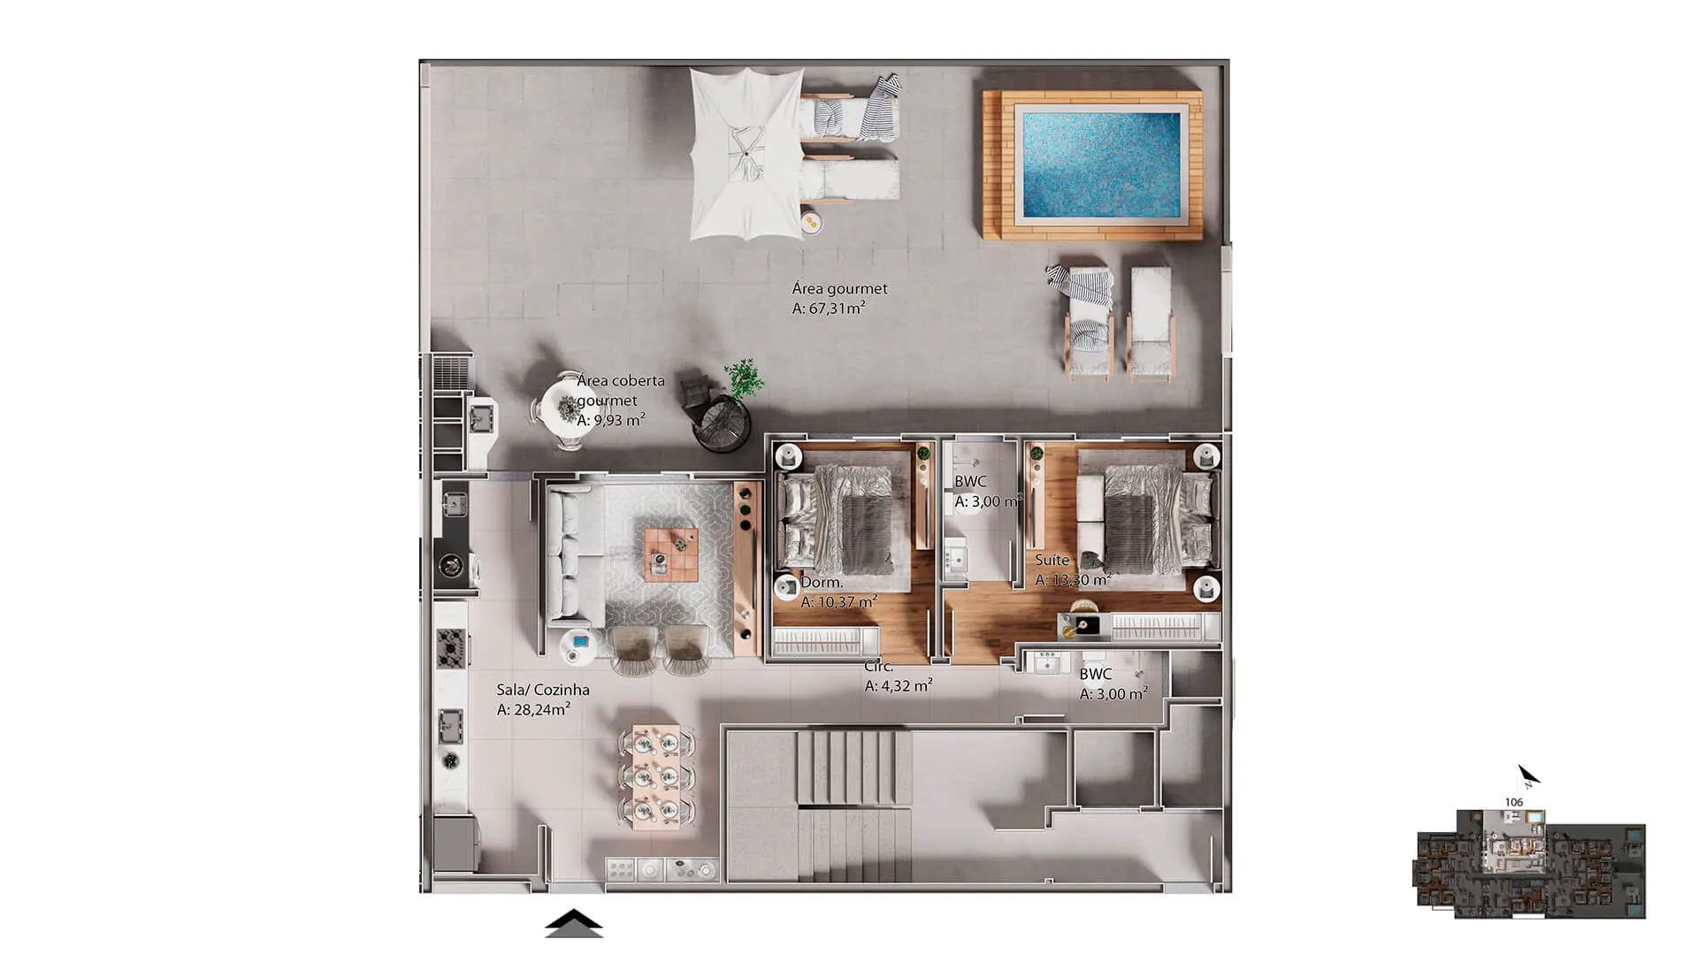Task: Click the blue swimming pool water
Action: pos(1101,165)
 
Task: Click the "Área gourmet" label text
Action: pos(839,288)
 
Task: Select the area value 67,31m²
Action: pos(829,308)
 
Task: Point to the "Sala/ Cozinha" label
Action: pos(543,690)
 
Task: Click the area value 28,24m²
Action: pos(533,709)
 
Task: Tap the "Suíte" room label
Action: pos(1052,560)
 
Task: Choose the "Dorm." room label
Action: pos(822,582)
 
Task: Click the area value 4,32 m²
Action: pos(899,685)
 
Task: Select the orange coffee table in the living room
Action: pos(671,554)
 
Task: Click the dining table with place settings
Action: pos(657,777)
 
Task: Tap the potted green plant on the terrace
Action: pos(743,378)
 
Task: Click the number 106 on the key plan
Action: pos(1514,802)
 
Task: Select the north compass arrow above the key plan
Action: pos(1529,775)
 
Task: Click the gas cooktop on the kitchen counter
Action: pos(452,647)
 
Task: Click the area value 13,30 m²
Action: pos(1073,580)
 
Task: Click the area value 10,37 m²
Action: pos(839,601)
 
